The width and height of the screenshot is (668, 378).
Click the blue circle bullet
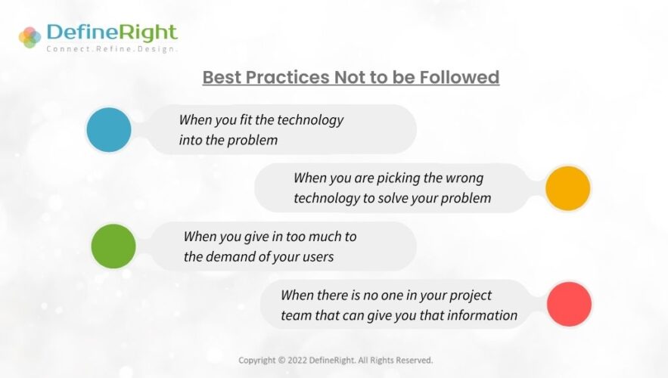point(109,129)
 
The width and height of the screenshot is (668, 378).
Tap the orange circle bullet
point(567,188)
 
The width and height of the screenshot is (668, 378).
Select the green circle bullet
point(113,246)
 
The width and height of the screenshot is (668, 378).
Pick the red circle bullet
point(569,305)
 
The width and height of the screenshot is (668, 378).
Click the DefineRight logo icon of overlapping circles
point(30,36)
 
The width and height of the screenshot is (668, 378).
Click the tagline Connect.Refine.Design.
point(111,48)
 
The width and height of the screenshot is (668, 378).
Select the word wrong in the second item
point(464,178)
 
